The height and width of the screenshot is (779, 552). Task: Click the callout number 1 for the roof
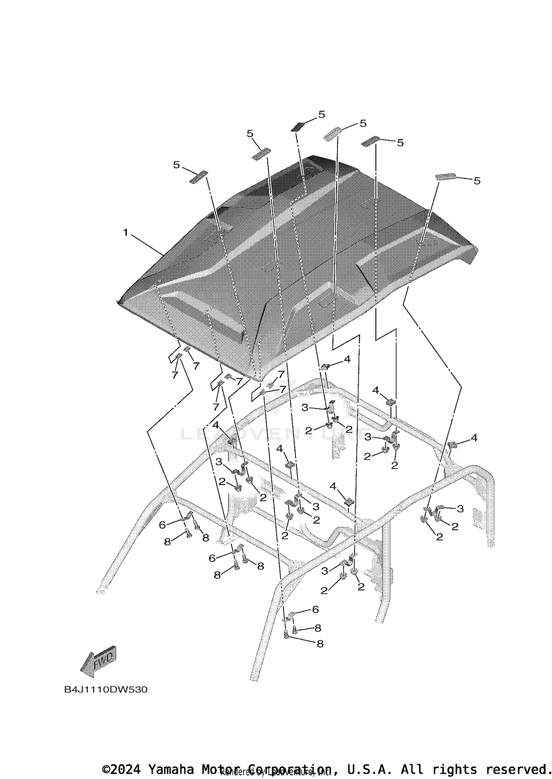(125, 232)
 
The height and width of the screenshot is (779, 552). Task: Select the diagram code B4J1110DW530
(106, 689)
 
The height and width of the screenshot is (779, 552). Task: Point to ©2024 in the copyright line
(121, 769)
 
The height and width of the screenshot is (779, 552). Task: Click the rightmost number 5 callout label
(477, 180)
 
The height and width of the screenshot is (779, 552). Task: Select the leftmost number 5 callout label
(177, 165)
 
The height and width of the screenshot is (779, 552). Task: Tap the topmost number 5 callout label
(322, 115)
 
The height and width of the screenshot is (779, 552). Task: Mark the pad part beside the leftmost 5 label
(199, 177)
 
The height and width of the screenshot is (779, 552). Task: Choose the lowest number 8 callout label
(320, 643)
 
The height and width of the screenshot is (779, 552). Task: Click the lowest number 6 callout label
(315, 609)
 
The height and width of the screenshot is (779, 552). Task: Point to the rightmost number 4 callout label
(474, 438)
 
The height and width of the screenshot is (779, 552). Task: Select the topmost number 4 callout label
(347, 359)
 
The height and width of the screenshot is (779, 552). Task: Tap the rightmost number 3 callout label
(460, 509)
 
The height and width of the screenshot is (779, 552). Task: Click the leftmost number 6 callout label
(162, 525)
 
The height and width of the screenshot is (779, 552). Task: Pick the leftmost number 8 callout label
(167, 542)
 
